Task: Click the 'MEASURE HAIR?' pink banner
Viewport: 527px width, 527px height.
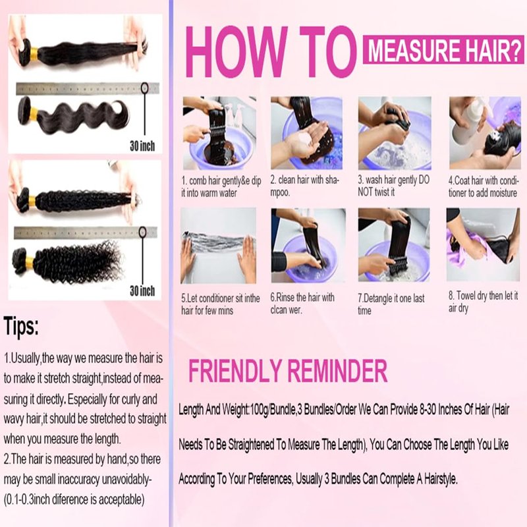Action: pos(443,50)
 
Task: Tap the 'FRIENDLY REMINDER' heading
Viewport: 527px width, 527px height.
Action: pos(288,371)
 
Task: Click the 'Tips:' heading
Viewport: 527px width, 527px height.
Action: pos(21,326)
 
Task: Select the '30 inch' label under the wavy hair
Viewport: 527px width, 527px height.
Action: pos(142,146)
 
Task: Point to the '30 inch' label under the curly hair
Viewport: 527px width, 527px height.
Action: pos(142,291)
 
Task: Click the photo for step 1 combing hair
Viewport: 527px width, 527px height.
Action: pos(219,133)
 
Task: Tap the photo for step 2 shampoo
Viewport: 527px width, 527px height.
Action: pos(306,133)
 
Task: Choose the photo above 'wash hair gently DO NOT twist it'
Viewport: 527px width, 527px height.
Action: pos(395,133)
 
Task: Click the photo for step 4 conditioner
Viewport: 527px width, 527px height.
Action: pos(485,133)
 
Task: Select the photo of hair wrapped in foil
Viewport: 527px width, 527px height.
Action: pos(219,245)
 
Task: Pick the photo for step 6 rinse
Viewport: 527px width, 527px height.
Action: pos(308,245)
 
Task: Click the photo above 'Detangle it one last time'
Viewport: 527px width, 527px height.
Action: pos(394,245)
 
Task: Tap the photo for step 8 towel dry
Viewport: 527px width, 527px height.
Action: pos(483,244)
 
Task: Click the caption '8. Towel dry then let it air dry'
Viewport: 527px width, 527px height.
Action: pos(483,302)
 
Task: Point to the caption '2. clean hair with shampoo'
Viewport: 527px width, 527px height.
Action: pos(305,186)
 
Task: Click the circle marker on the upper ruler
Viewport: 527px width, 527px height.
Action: pos(144,88)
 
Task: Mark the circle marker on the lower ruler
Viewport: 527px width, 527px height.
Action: pos(142,232)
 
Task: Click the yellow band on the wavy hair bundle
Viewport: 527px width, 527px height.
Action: pos(34,114)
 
